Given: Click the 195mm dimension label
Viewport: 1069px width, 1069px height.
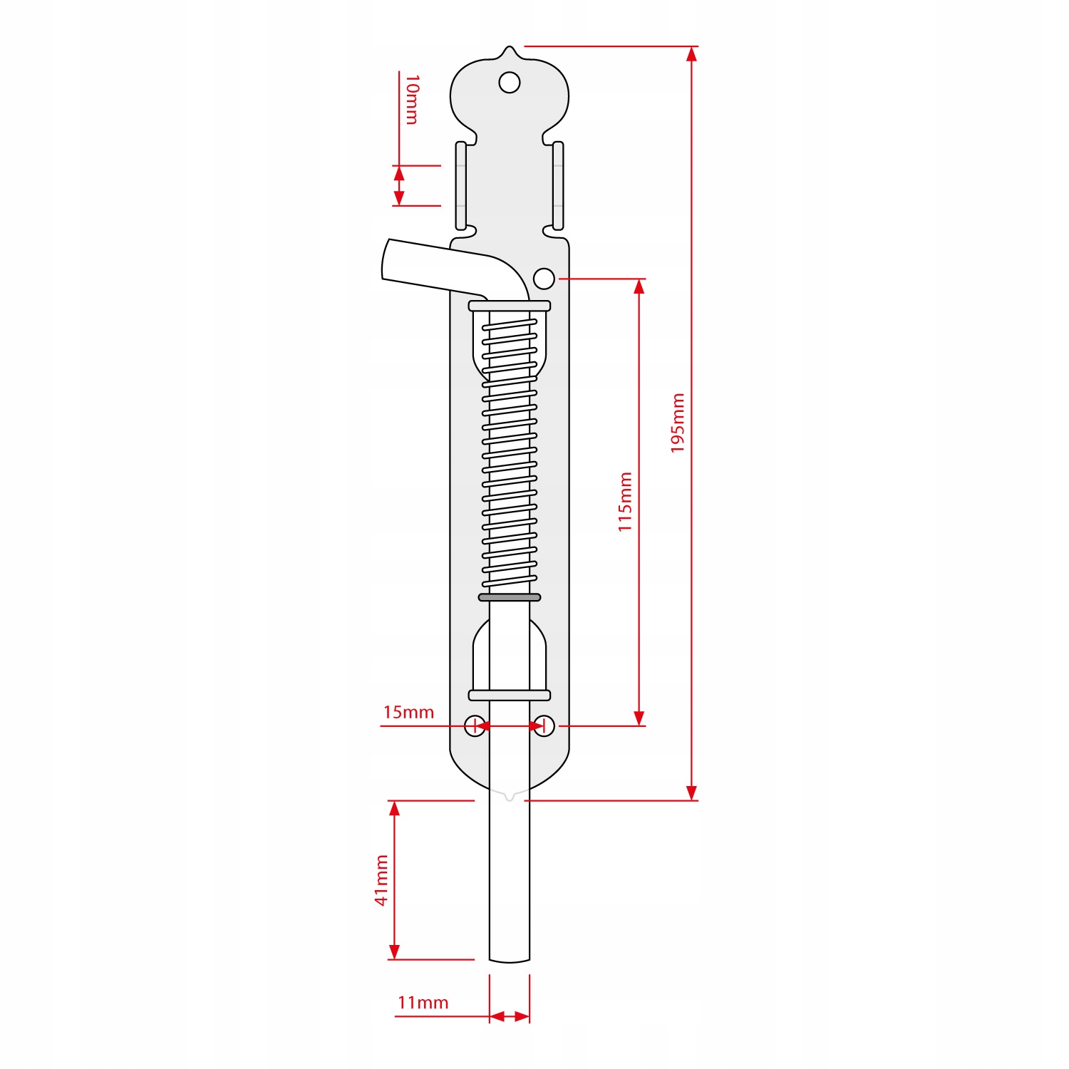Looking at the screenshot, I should [678, 423].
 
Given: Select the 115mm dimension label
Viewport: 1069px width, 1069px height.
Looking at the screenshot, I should [625, 502].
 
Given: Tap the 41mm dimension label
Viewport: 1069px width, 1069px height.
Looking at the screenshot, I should [382, 880].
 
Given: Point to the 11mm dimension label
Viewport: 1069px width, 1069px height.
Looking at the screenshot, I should [423, 1003].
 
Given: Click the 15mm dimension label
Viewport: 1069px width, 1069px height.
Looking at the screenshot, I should [408, 712].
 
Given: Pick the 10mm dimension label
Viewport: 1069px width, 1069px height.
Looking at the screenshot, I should [412, 100].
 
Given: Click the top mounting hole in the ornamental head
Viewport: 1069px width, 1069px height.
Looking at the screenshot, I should [510, 83].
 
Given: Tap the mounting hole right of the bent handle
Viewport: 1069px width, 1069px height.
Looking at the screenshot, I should [544, 279].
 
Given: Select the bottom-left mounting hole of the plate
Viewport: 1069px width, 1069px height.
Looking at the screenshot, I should [475, 726].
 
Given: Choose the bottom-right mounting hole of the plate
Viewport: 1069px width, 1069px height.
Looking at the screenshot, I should [544, 726].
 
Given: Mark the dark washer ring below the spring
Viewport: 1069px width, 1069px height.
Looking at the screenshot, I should [510, 597].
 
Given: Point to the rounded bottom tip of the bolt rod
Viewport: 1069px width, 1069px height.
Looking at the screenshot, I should [510, 960].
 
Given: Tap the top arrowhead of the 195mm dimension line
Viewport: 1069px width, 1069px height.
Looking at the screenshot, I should [691, 54].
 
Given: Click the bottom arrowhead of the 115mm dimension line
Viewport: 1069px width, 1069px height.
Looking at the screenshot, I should [639, 718].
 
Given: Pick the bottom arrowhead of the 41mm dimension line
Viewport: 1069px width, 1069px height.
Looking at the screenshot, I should [395, 952].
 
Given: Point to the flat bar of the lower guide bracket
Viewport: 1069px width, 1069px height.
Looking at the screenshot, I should [510, 695].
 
